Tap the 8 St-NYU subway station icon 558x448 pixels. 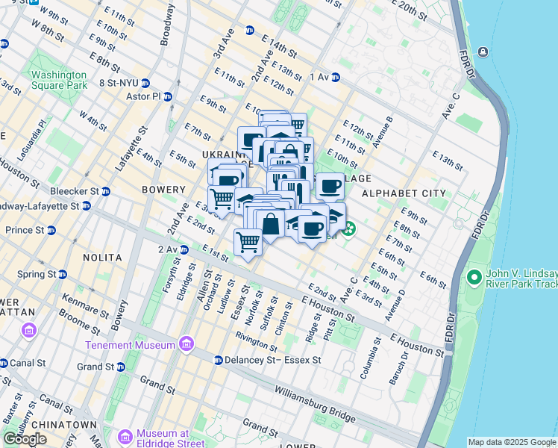click(x=146, y=83)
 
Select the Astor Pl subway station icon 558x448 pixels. click(x=168, y=96)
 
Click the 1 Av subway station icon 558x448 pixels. click(x=336, y=77)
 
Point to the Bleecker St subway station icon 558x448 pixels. click(x=105, y=191)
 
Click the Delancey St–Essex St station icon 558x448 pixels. click(x=218, y=360)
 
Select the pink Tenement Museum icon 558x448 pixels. click(x=186, y=345)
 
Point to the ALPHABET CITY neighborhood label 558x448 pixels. click(x=404, y=193)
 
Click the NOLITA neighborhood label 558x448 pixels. click(x=103, y=257)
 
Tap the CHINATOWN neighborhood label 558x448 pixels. click(x=69, y=424)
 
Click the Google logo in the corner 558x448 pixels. click(x=25, y=439)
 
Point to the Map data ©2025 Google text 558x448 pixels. click(x=512, y=442)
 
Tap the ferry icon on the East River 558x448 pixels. click(x=483, y=52)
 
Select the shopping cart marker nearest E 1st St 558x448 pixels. click(x=248, y=241)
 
